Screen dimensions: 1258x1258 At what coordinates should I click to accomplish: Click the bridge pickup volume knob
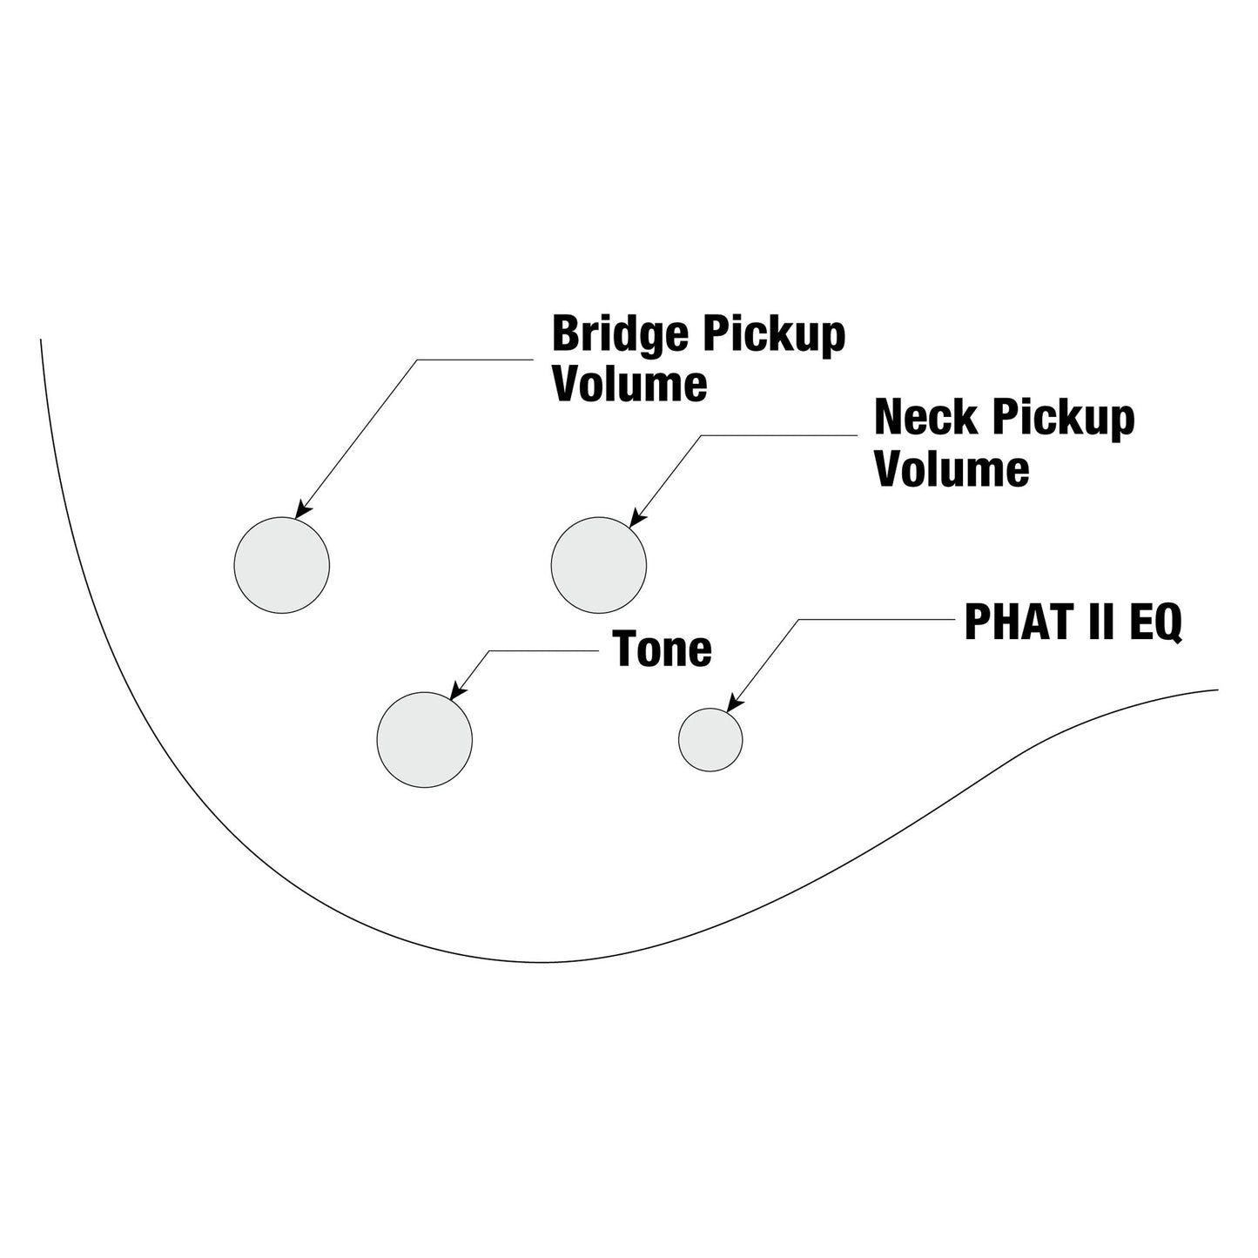tap(282, 565)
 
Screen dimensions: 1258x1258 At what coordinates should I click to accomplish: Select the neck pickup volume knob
tap(599, 565)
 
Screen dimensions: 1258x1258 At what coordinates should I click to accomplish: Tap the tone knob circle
tap(424, 740)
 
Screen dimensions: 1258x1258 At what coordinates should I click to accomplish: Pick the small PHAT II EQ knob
tap(710, 740)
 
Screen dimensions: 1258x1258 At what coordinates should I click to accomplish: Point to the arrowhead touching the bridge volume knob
tap(302, 510)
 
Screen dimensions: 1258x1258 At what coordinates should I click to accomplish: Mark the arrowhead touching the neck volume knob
tap(637, 516)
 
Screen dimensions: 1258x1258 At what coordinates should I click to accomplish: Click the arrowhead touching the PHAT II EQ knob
tap(735, 703)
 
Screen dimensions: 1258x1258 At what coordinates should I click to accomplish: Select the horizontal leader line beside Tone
tap(544, 651)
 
